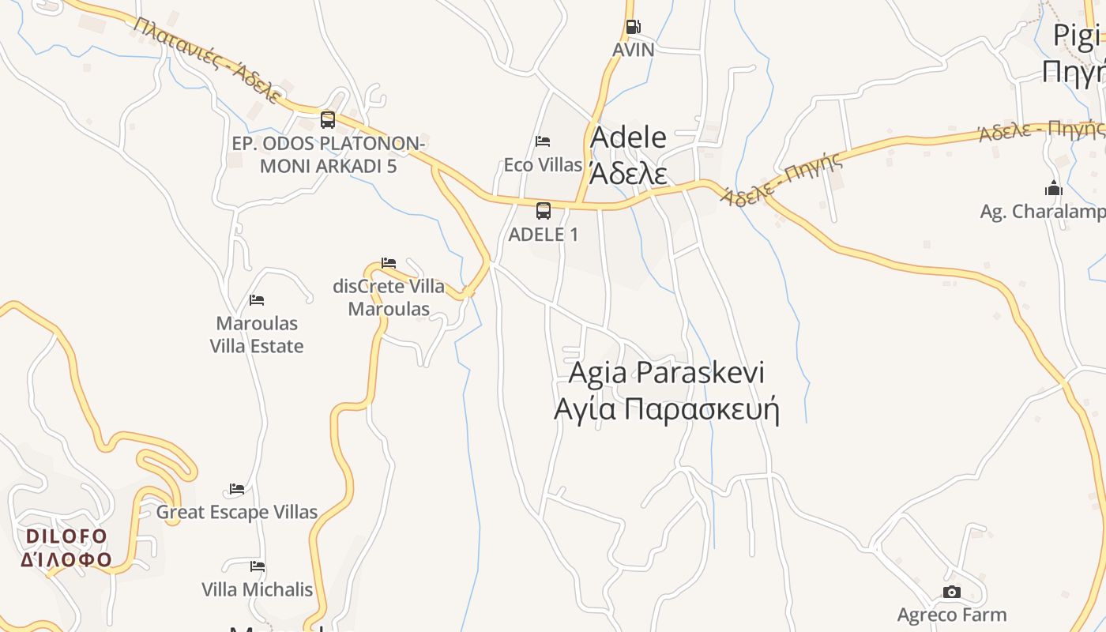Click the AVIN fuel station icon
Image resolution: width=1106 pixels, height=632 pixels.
point(633,27)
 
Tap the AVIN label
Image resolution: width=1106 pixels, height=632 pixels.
point(634,50)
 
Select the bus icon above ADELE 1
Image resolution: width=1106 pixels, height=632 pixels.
point(544,211)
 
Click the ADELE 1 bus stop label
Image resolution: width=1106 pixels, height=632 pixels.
point(544,235)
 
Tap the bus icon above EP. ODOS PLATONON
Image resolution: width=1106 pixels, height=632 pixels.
point(328,120)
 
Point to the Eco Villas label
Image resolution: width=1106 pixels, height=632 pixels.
point(543,165)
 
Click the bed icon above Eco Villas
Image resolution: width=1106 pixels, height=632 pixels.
point(543,141)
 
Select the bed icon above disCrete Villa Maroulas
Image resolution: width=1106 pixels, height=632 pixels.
point(389,262)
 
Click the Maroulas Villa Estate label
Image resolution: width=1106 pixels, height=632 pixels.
point(257,335)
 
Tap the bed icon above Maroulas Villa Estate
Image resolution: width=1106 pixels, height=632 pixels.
point(257,300)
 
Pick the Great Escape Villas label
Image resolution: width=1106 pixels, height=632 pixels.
point(237,512)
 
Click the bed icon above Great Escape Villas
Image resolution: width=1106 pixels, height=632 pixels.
point(237,489)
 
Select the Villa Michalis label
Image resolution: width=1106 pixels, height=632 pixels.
point(258,590)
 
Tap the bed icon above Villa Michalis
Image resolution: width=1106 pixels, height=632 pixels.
point(258,566)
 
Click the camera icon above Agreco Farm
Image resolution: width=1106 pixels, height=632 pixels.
point(952,592)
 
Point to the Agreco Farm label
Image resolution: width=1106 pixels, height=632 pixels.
point(952,615)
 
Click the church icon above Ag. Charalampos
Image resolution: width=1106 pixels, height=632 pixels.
point(1053,188)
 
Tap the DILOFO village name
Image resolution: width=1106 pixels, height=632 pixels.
point(66,537)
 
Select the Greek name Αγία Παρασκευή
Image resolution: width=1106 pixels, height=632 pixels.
point(667,410)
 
